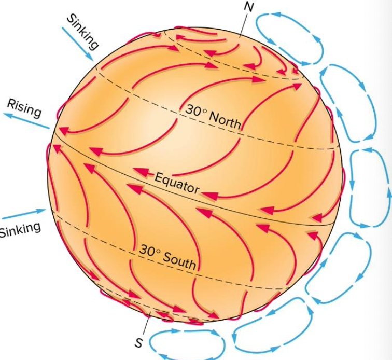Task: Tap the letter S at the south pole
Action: tap(139, 343)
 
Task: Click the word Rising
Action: tap(24, 108)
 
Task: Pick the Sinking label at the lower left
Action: tap(20, 229)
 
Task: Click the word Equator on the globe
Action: tap(177, 184)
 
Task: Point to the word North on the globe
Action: tap(225, 120)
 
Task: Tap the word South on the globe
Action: tap(179, 261)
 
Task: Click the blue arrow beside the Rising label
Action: tap(26, 120)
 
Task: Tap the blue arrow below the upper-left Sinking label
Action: tap(78, 44)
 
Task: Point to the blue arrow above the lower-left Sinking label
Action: tap(24, 214)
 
